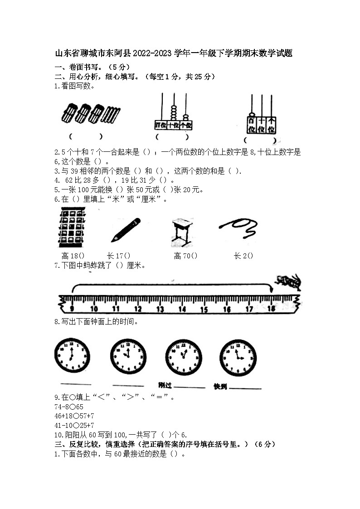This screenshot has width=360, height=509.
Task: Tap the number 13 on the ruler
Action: (x=160, y=309)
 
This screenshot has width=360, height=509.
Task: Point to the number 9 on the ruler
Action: (x=72, y=309)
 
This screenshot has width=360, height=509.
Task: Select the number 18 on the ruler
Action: (x=272, y=309)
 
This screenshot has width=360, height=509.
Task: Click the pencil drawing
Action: (x=126, y=230)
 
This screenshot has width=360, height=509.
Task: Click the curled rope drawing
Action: (x=238, y=228)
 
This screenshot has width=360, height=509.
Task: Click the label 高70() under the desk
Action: (x=185, y=256)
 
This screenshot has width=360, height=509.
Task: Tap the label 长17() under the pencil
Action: (x=118, y=256)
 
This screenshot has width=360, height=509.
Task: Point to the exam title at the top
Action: (x=174, y=53)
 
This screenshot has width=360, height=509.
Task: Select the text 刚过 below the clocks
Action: (x=165, y=386)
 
